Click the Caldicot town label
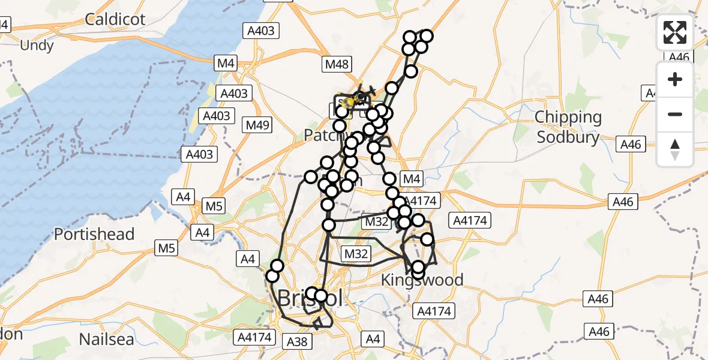(x=115, y=19)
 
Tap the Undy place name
(x=37, y=46)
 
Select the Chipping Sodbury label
(x=568, y=127)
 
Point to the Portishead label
(x=94, y=234)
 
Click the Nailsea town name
(x=107, y=339)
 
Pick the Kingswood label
(x=423, y=280)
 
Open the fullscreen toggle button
(x=675, y=32)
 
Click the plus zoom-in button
(x=675, y=79)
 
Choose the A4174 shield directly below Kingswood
(x=435, y=311)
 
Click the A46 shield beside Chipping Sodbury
(x=631, y=145)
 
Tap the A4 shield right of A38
(x=373, y=340)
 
